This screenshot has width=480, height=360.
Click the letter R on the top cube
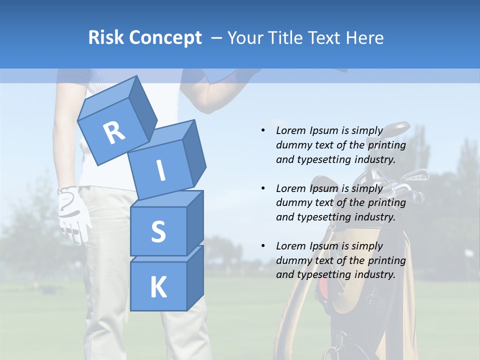pyautogui.click(x=114, y=133)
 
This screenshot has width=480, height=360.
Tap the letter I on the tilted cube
pyautogui.click(x=160, y=170)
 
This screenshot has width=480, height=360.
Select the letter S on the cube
pyautogui.click(x=158, y=231)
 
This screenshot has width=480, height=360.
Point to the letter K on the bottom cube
pyautogui.click(x=158, y=287)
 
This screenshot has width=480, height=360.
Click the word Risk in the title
pyautogui.click(x=105, y=37)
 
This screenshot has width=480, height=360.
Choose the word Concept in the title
pyautogui.click(x=165, y=38)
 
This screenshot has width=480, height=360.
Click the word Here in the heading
pyautogui.click(x=365, y=37)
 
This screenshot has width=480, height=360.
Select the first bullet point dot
pyautogui.click(x=263, y=130)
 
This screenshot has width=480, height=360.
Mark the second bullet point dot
pyautogui.click(x=263, y=188)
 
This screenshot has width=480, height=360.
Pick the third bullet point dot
pyautogui.click(x=263, y=246)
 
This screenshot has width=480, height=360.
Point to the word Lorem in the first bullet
pyautogui.click(x=290, y=130)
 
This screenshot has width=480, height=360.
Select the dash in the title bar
pyautogui.click(x=217, y=38)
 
